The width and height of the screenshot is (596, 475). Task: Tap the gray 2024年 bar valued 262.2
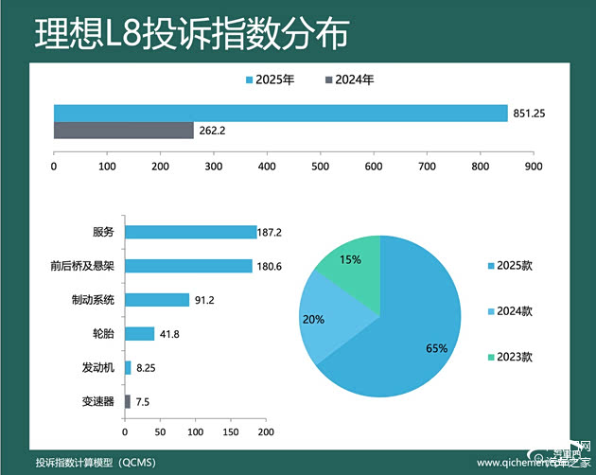tap(123, 131)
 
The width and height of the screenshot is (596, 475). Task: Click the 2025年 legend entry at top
tap(270, 79)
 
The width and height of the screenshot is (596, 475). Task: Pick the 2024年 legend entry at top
tap(349, 79)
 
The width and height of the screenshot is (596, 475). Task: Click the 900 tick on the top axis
tap(533, 167)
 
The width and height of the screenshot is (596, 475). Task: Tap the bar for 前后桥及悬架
tap(188, 266)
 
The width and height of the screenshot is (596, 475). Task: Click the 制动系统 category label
tap(93, 300)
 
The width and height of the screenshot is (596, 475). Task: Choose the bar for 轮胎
tap(140, 333)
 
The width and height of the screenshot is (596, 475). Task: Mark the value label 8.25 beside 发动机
tap(148, 367)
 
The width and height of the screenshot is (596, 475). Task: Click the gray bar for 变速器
tap(128, 401)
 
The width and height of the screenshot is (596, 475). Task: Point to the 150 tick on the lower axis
tap(231, 432)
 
